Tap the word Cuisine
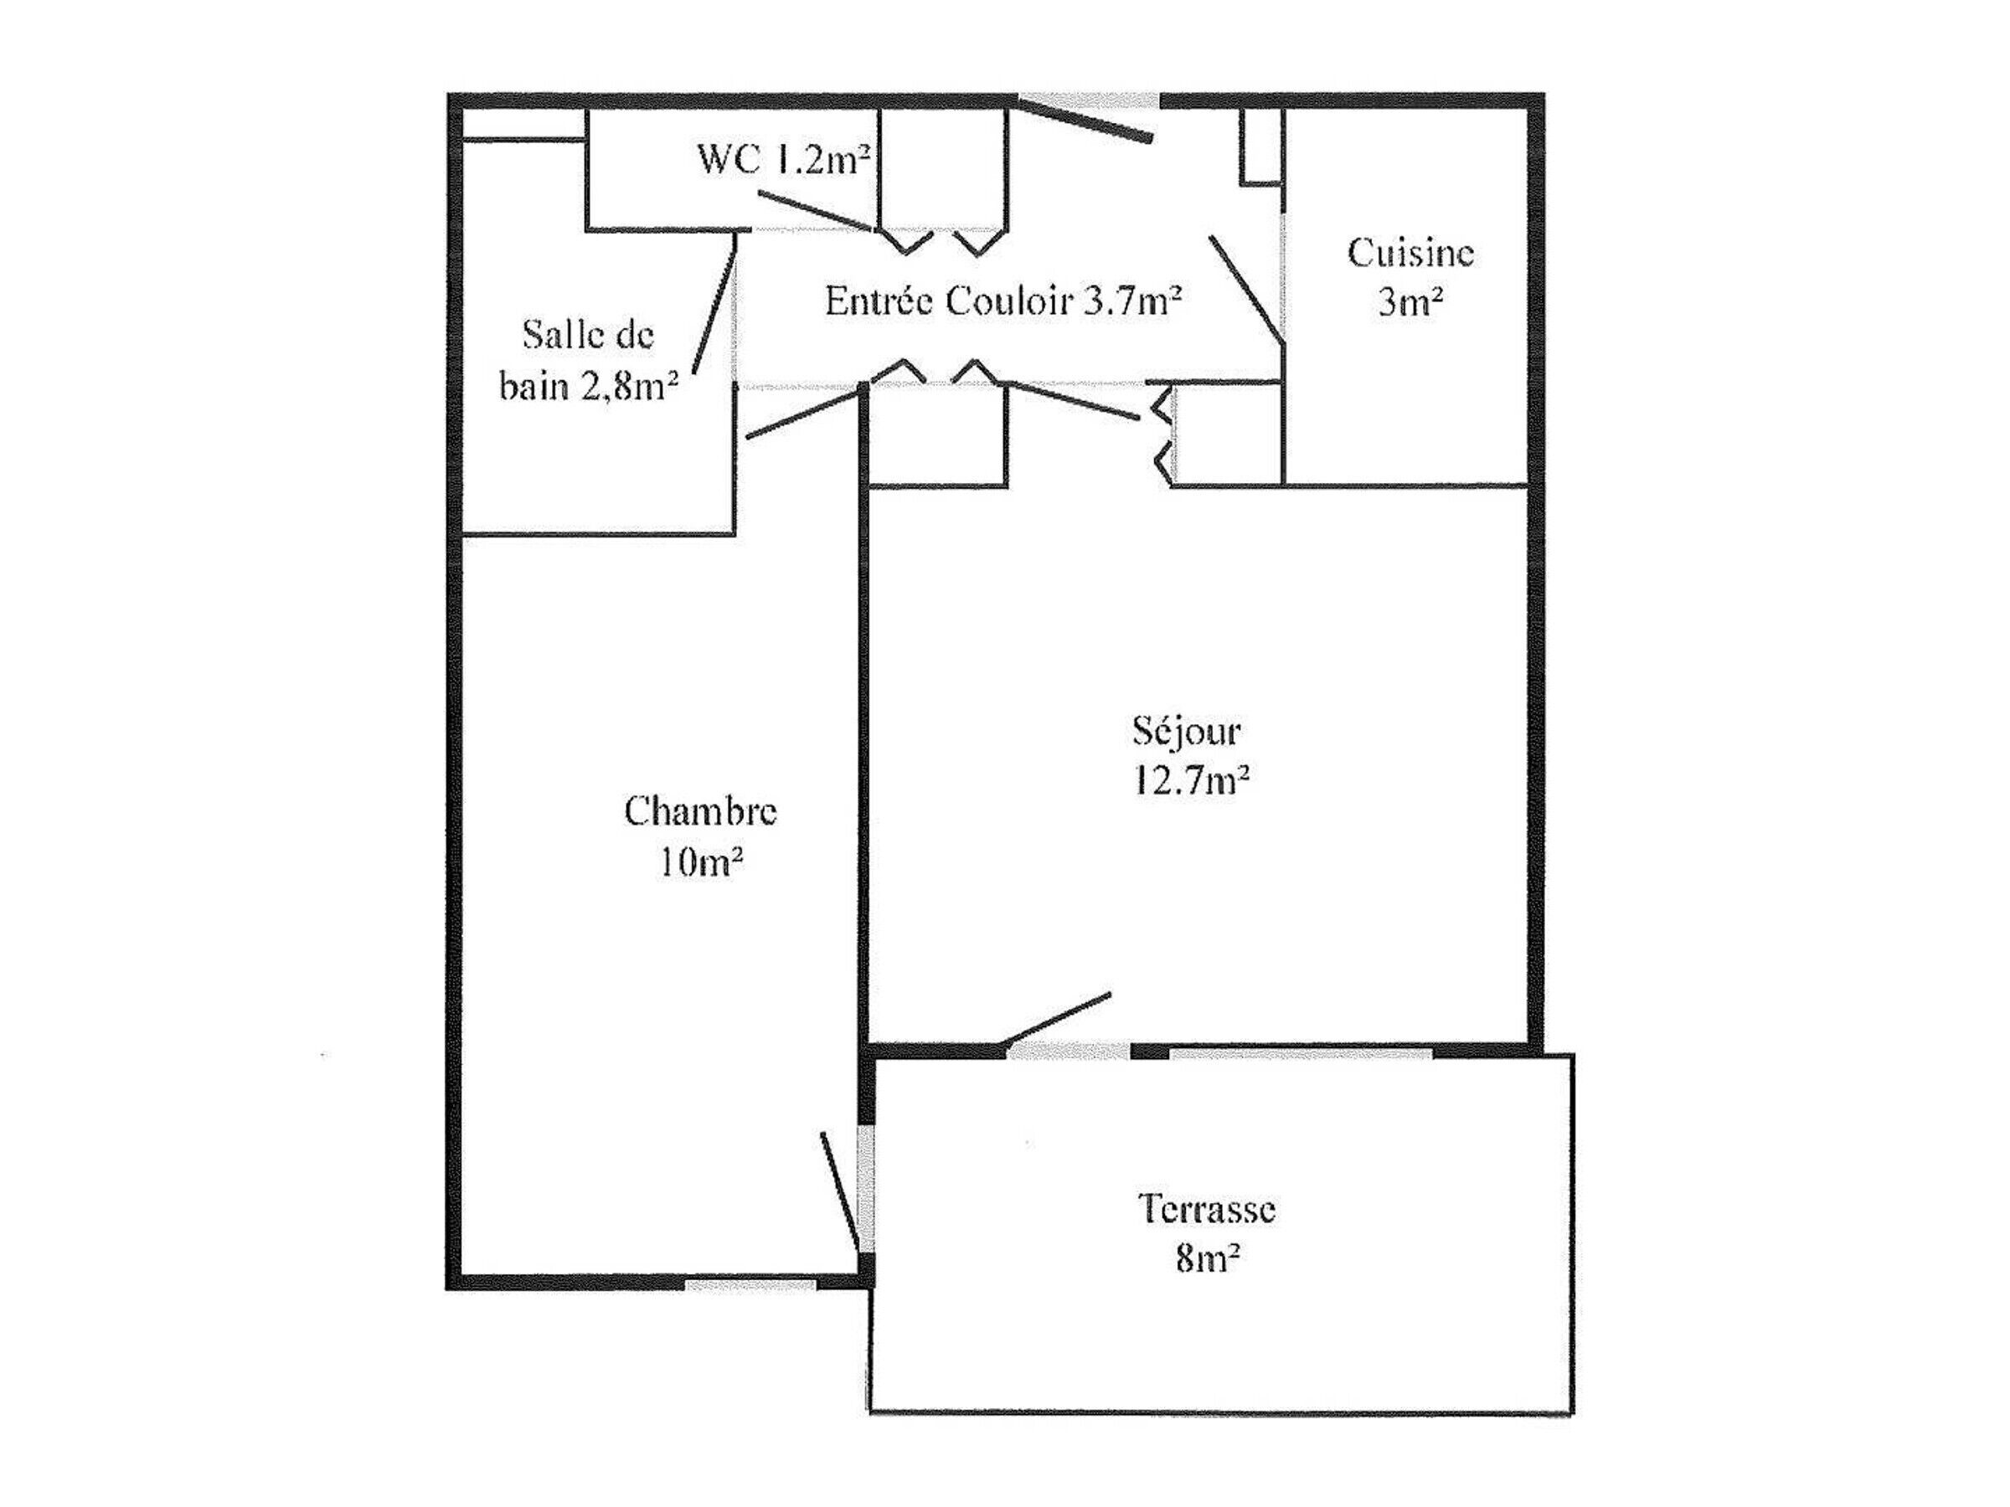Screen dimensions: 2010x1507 point(1410,253)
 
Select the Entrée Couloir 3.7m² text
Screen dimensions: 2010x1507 point(1003,300)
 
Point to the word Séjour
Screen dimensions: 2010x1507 point(1186,730)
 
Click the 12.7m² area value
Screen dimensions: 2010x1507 point(1190,780)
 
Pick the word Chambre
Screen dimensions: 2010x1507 point(701,810)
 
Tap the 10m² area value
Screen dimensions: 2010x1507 point(701,860)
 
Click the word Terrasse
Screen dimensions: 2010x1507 point(1207,1208)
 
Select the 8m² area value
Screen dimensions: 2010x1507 point(1208,1258)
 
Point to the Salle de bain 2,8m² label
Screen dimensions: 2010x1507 point(589,361)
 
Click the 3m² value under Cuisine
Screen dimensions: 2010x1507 point(1410,301)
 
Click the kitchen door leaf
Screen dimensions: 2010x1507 point(1246,290)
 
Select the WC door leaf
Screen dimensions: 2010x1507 point(817,211)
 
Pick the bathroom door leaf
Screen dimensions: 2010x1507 point(714,303)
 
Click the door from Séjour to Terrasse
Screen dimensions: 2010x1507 point(1055,1018)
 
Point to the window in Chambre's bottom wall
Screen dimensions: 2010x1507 point(750,1284)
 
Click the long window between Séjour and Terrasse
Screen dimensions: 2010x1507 point(1301,1053)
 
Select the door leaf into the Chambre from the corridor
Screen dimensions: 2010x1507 point(803,414)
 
